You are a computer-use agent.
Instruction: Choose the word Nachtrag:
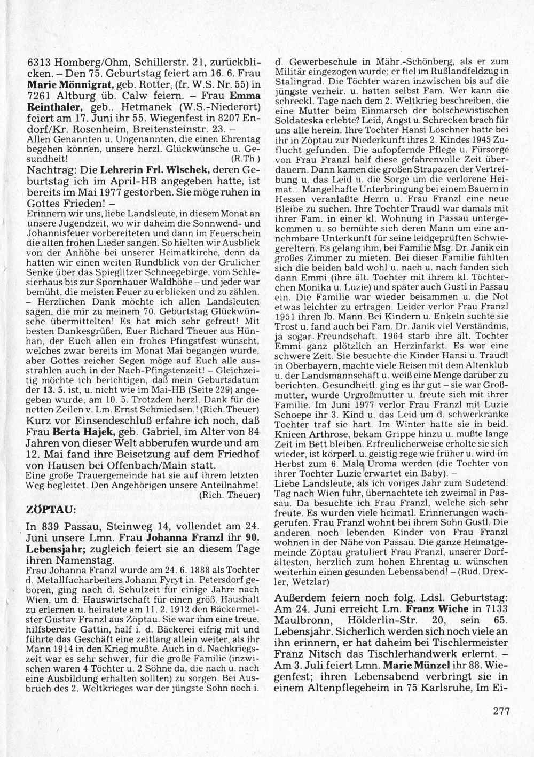[50, 170]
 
